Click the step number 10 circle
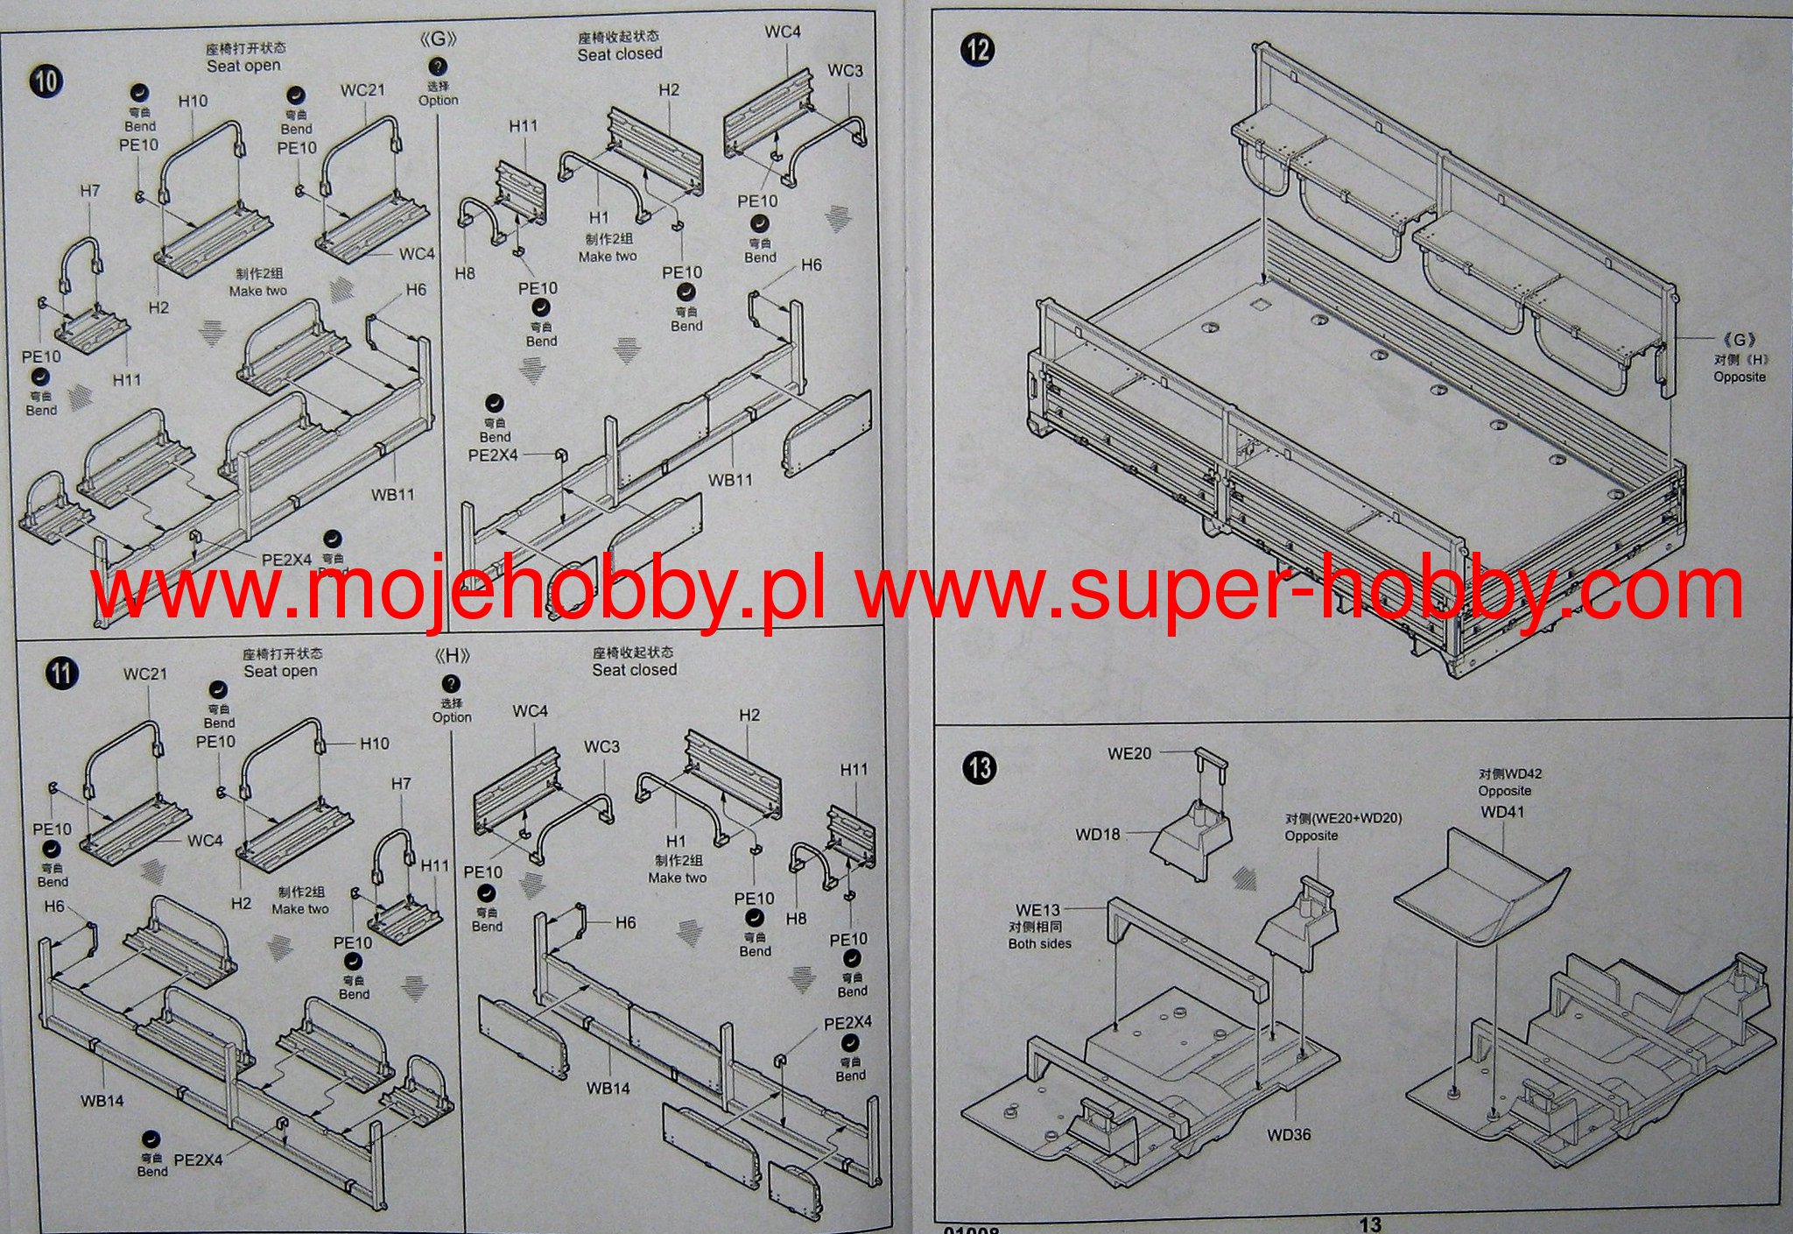pyautogui.click(x=46, y=81)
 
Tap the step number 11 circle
pyautogui.click(x=61, y=673)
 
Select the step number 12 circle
pyautogui.click(x=977, y=49)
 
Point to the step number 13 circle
pyautogui.click(x=980, y=768)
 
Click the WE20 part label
pyautogui.click(x=1129, y=753)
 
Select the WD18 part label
pyautogui.click(x=1098, y=834)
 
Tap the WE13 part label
pyautogui.click(x=1037, y=910)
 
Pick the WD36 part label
pyautogui.click(x=1289, y=1135)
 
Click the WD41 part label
pyautogui.click(x=1502, y=812)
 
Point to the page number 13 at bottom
pyautogui.click(x=1370, y=1224)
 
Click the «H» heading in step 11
pyautogui.click(x=451, y=655)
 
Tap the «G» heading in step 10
pyautogui.click(x=438, y=39)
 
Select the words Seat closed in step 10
pyautogui.click(x=620, y=54)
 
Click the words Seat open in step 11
pyautogui.click(x=280, y=671)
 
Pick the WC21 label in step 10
pyautogui.click(x=362, y=90)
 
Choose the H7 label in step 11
pyautogui.click(x=401, y=783)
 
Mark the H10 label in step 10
pyautogui.click(x=193, y=101)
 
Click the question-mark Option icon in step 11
pyautogui.click(x=451, y=684)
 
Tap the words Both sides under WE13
pyautogui.click(x=1039, y=943)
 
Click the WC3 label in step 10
pyautogui.click(x=845, y=70)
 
